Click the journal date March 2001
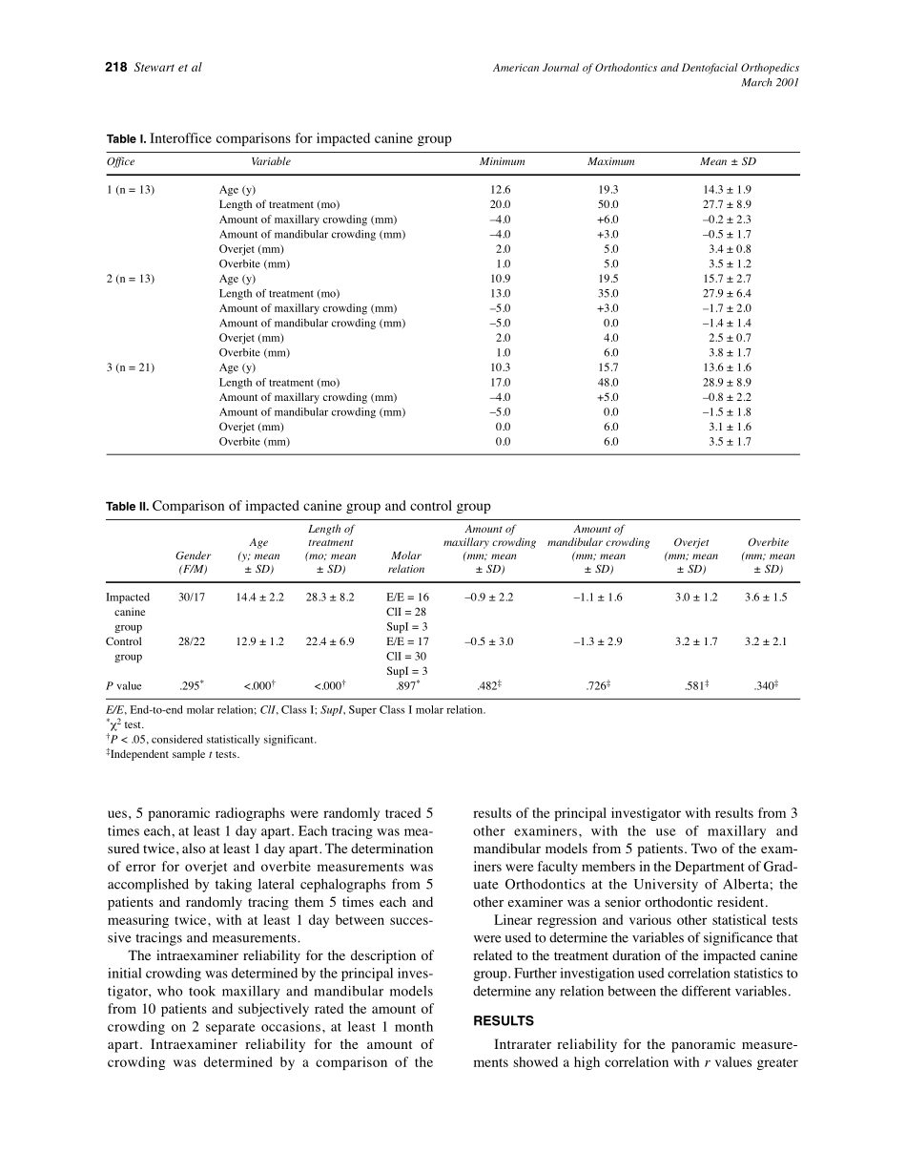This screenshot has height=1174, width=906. pyautogui.click(x=770, y=82)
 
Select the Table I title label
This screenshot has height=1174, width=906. pyautogui.click(x=127, y=139)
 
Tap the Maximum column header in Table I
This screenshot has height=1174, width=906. pyautogui.click(x=610, y=161)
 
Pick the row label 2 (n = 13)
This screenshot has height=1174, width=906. pyautogui.click(x=130, y=279)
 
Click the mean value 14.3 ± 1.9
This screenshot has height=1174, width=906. pyautogui.click(x=727, y=190)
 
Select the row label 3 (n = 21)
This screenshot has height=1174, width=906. pyautogui.click(x=130, y=367)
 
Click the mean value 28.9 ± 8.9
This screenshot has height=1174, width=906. pyautogui.click(x=727, y=383)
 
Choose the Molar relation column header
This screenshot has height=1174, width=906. pyautogui.click(x=406, y=562)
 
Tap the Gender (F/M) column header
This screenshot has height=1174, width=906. pyautogui.click(x=194, y=562)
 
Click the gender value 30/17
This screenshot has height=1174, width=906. pyautogui.click(x=192, y=597)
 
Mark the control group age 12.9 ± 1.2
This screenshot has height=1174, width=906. pyautogui.click(x=259, y=642)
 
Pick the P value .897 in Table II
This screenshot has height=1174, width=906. pyautogui.click(x=406, y=685)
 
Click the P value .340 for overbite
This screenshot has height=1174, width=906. pyautogui.click(x=767, y=685)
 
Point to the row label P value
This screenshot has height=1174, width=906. pyautogui.click(x=124, y=686)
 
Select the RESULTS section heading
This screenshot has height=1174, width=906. pyautogui.click(x=504, y=1021)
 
